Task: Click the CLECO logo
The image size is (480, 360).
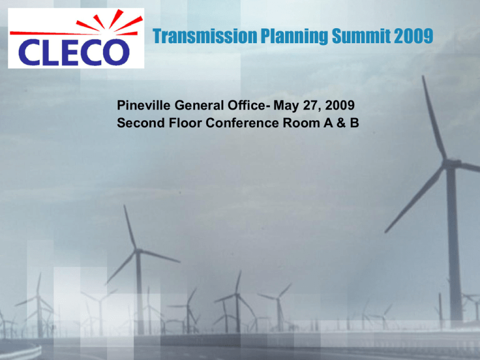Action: [76, 38]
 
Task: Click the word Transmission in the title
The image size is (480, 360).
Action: [205, 36]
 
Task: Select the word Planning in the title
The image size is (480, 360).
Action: [294, 37]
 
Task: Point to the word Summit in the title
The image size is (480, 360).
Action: [361, 36]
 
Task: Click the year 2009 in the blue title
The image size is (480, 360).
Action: [413, 36]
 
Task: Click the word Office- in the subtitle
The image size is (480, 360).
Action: [249, 105]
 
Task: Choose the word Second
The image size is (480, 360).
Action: [141, 122]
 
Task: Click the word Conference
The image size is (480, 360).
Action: [242, 122]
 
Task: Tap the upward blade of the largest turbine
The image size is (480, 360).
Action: [433, 117]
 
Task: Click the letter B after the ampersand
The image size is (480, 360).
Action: [354, 122]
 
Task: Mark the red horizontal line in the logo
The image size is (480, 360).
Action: [55, 33]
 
